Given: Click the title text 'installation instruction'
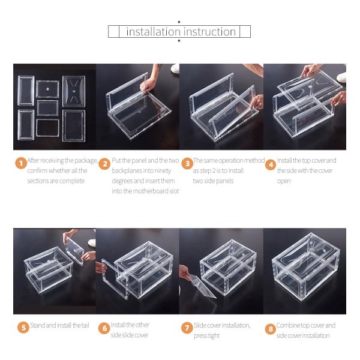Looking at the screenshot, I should tap(180, 32).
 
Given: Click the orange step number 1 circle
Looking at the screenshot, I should tap(20, 163).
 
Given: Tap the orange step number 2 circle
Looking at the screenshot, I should tap(104, 163).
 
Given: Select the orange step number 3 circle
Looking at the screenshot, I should tap(187, 163).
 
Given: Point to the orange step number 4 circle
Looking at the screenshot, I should tap(270, 163).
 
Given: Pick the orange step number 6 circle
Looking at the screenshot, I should tap(104, 328).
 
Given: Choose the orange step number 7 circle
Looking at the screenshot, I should tap(187, 328).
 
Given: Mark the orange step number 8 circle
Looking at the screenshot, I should tap(270, 328).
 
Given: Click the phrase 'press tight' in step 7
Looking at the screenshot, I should tap(207, 335).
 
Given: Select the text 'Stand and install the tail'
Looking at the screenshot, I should tap(59, 325).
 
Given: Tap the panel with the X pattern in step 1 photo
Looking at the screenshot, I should tap(74, 90).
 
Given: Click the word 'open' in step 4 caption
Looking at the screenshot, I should tap(283, 181).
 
